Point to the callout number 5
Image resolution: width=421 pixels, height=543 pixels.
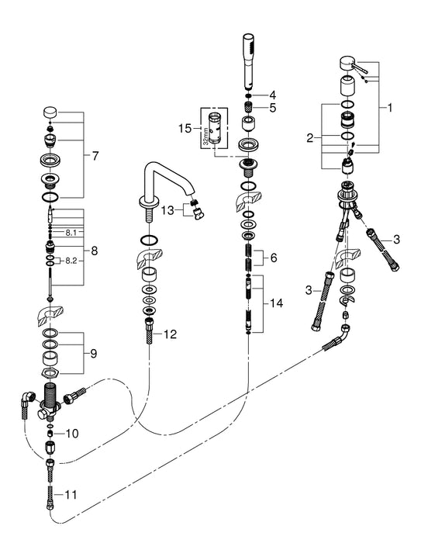click(271, 108)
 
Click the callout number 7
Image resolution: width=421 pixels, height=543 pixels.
click(95, 157)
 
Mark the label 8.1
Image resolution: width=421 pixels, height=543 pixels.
click(71, 232)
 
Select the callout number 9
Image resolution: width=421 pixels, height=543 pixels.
click(93, 355)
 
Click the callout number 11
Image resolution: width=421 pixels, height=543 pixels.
click(71, 493)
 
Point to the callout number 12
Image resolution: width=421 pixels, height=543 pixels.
click(171, 334)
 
